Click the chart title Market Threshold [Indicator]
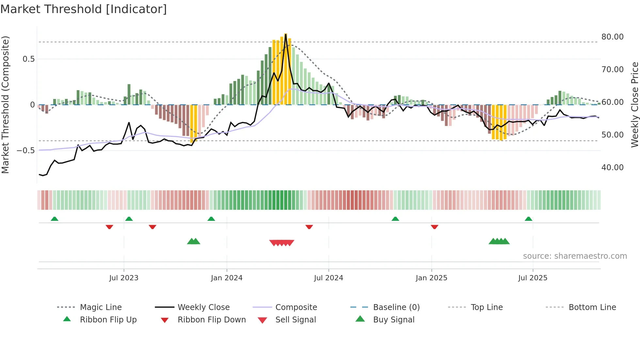click(84, 9)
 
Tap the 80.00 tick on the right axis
click(612, 37)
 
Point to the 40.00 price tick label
click(612, 168)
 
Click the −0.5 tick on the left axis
click(26, 151)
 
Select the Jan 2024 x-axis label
click(227, 278)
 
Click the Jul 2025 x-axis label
click(533, 278)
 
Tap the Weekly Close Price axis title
click(634, 105)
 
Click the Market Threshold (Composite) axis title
click(5, 105)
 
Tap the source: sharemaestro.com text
click(575, 256)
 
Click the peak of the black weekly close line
click(286, 35)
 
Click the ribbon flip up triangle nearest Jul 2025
click(528, 219)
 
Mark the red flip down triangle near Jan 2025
click(434, 227)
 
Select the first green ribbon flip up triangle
click(55, 219)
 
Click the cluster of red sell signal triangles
click(282, 243)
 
